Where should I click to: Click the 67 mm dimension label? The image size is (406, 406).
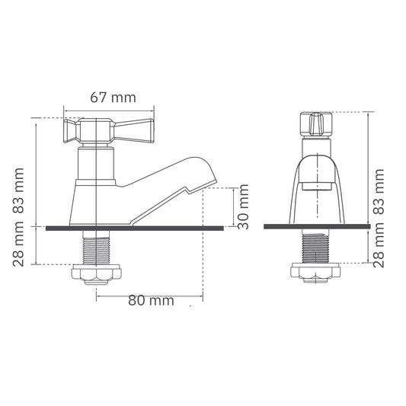[x=113, y=98]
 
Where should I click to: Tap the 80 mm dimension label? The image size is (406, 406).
[x=151, y=300]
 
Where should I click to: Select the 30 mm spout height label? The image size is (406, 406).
[x=243, y=206]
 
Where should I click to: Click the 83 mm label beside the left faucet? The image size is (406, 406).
[x=18, y=191]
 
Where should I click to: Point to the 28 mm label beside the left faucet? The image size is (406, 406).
[x=18, y=245]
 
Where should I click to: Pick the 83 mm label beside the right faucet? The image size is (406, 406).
[x=379, y=192]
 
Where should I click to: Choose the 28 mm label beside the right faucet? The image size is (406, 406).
[x=379, y=245]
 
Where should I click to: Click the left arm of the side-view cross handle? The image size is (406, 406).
[x=72, y=131]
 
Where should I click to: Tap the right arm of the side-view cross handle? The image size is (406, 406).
[x=134, y=131]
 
